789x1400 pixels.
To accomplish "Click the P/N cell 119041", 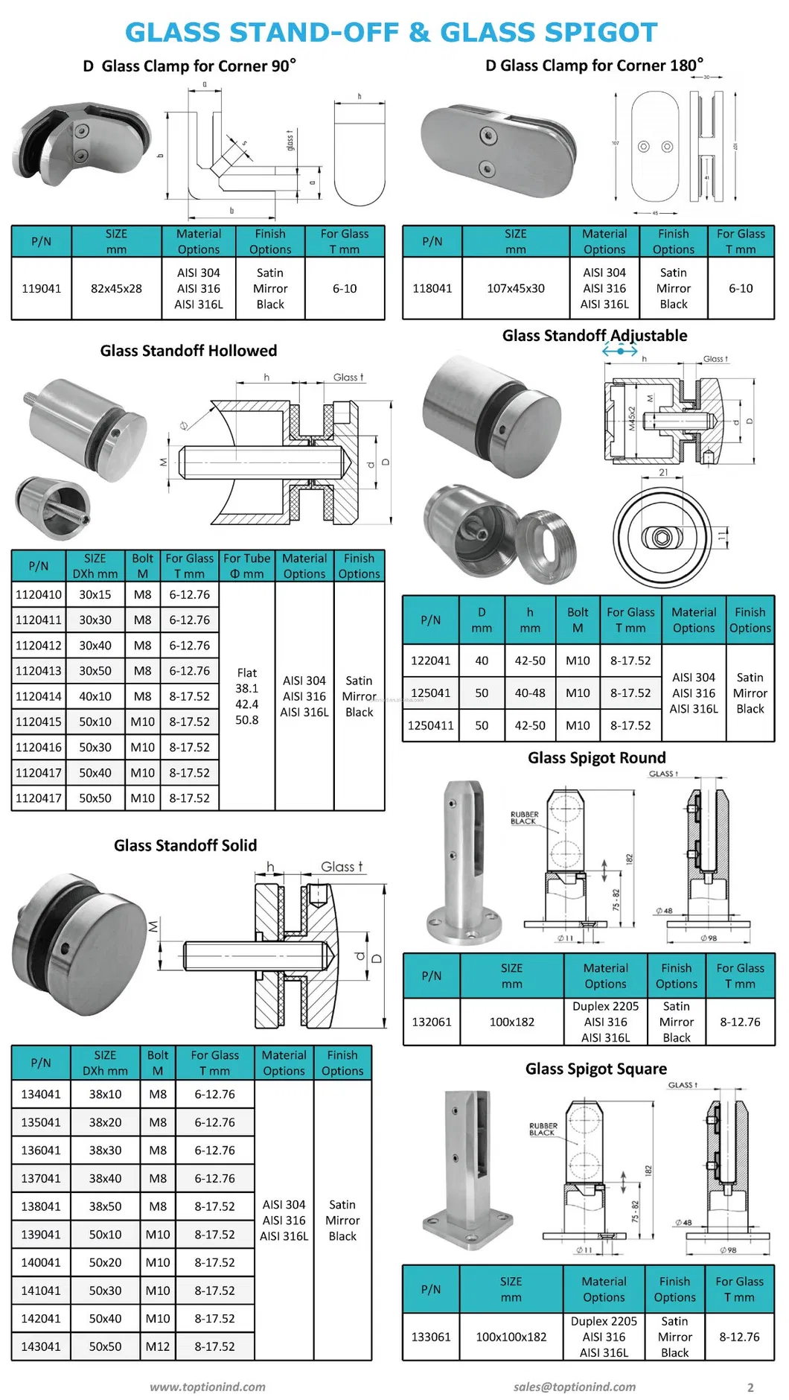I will pyautogui.click(x=42, y=289).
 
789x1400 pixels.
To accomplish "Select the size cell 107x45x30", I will pyautogui.click(x=515, y=289).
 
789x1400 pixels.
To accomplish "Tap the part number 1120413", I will pyautogui.click(x=39, y=671).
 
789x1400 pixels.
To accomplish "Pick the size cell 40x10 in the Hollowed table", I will pyautogui.click(x=95, y=696).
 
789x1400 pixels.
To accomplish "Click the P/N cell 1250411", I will pyautogui.click(x=430, y=725).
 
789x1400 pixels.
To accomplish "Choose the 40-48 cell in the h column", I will pyautogui.click(x=530, y=693).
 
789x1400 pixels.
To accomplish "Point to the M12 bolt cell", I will pyautogui.click(x=158, y=1346).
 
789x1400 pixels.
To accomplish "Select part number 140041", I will pyautogui.click(x=41, y=1262).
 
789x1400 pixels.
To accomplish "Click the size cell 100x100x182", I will pyautogui.click(x=511, y=1337).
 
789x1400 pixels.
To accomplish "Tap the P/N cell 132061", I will pyautogui.click(x=432, y=1022).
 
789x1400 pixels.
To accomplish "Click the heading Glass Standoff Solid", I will pyautogui.click(x=185, y=845).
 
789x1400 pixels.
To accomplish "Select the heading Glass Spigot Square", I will pyautogui.click(x=595, y=1069).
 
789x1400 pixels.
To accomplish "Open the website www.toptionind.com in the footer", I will pyautogui.click(x=207, y=1387).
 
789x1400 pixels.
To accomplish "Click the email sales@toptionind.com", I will pyautogui.click(x=574, y=1387).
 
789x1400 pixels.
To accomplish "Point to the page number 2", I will pyautogui.click(x=750, y=1387).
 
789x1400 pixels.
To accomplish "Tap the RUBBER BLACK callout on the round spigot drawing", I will pyautogui.click(x=524, y=818).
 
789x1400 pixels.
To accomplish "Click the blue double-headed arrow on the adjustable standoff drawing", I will pyautogui.click(x=620, y=350).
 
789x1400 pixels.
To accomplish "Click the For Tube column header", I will pyautogui.click(x=246, y=566).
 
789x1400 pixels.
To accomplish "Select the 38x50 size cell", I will pyautogui.click(x=105, y=1206).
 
